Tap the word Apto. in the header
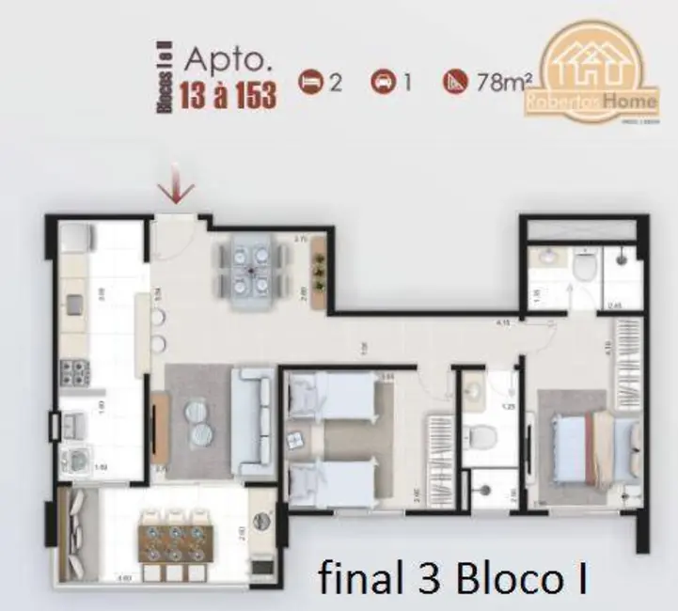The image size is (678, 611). pos(228,58)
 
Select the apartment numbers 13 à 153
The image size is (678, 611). pos(228,96)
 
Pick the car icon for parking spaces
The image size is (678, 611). pos(383,83)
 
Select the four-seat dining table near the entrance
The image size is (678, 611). pos(251,269)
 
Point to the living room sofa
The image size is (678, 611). pos(254,420)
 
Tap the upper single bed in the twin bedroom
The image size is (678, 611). pos(331,396)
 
